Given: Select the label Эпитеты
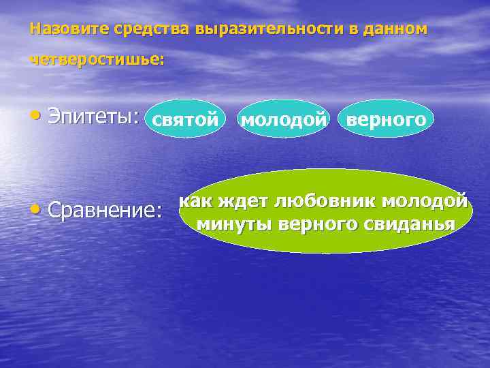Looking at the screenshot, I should (93, 117).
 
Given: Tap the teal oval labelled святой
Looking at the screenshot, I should (184, 119).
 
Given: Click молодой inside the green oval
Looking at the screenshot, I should (425, 202).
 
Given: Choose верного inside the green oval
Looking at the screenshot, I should (314, 224).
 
